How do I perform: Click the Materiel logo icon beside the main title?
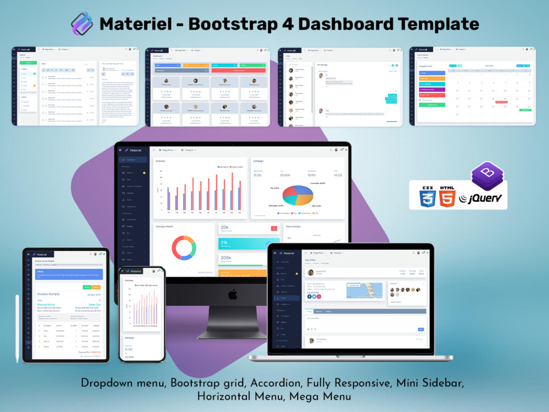82,23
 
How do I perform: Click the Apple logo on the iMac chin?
233,294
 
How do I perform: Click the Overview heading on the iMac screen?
161,161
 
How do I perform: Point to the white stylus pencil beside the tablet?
17,327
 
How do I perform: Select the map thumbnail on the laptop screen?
365,290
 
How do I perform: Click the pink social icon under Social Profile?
319,297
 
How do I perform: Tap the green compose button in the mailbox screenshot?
25,63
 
